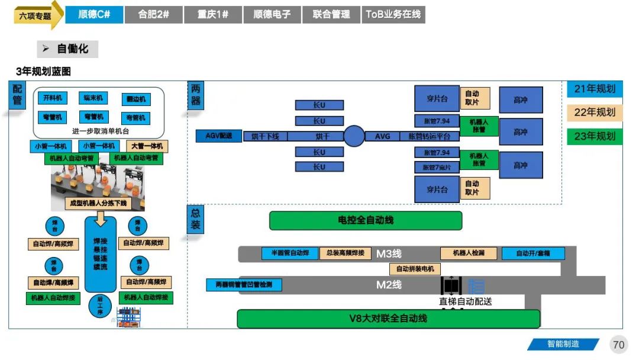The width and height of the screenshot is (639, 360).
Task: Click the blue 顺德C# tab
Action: point(94,15)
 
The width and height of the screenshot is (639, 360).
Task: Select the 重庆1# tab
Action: point(213,15)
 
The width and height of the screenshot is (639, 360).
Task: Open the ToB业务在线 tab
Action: point(393,15)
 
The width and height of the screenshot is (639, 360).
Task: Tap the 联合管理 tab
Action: point(331,15)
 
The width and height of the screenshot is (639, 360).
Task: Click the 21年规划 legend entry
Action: point(595,89)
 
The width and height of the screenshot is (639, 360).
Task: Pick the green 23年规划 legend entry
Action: point(595,136)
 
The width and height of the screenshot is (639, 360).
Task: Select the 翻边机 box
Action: point(135,99)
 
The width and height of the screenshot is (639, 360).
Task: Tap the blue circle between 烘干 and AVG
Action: point(354,136)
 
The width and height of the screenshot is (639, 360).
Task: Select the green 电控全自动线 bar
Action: point(365,220)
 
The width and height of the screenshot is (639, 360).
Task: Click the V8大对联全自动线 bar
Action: point(388,319)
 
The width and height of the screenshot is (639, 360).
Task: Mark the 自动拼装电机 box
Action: point(415,269)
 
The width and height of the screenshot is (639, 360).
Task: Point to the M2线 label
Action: point(389,285)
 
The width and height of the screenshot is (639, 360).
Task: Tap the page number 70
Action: point(618,345)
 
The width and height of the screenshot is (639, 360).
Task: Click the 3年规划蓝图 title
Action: point(44,72)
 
